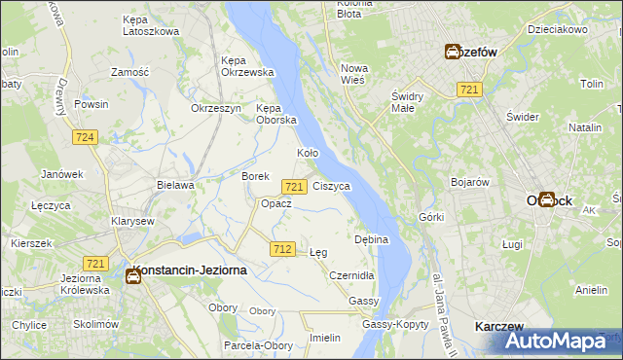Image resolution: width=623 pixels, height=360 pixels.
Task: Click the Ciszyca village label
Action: pos(332,185)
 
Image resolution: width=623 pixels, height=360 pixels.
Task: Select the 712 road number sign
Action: pos(282,249)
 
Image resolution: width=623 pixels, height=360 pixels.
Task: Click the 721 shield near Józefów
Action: pos(470,90)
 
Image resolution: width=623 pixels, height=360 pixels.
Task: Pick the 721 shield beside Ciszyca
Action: pos(294,186)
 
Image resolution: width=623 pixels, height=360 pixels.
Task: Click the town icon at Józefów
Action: pos(454,53)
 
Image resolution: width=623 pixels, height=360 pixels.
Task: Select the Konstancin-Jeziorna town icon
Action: pos(132,275)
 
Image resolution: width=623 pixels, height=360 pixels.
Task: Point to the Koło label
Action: pos(308,154)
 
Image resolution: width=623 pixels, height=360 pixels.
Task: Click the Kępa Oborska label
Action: pos(275,114)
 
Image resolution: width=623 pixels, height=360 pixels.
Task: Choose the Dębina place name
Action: pos(372,238)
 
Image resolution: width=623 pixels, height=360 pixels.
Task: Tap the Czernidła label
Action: pos(351,276)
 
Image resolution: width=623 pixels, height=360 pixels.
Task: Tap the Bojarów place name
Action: pos(469,182)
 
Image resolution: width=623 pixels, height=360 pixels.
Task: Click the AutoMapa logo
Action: pos(559,341)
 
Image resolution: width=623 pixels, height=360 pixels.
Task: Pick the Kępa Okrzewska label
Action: pos(247,66)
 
